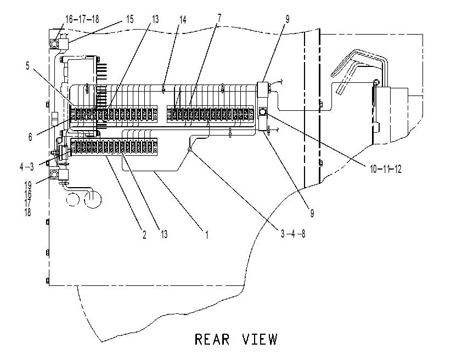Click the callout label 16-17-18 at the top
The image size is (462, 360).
[82, 19]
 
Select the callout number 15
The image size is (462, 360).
[129, 19]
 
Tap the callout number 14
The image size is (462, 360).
[183, 20]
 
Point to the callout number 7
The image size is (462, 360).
[219, 18]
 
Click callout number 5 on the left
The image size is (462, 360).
[27, 66]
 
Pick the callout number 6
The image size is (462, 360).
[30, 137]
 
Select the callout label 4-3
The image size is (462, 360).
[27, 167]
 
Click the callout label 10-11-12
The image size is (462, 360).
[386, 169]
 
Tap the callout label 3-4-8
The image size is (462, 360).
[293, 234]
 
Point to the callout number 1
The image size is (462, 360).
[207, 235]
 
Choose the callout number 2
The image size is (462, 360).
[144, 235]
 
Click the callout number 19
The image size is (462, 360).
[28, 185]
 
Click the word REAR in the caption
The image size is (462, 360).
[212, 339]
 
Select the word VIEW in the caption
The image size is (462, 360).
[260, 339]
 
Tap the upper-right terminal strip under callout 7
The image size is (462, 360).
[210, 114]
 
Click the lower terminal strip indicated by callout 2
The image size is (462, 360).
[114, 147]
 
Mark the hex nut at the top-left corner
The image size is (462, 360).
[54, 44]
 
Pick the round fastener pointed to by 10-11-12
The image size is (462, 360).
[262, 111]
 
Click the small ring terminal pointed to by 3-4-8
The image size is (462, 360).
[190, 149]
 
